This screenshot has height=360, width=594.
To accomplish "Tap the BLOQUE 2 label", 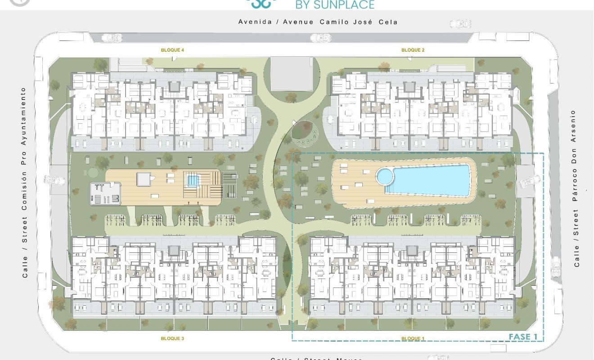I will click(413, 50).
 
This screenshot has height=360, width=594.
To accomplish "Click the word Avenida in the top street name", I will click(255, 22).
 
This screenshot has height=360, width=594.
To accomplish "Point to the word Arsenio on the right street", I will click(573, 126).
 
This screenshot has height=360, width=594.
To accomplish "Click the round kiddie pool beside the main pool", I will click(385, 176).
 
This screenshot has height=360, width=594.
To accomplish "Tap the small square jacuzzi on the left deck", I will click(192, 180).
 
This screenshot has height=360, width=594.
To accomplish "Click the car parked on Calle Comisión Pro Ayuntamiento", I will click(54, 180).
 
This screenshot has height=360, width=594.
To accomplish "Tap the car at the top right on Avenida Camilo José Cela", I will click(460, 23).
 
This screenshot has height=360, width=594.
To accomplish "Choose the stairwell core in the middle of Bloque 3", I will click(173, 251).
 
